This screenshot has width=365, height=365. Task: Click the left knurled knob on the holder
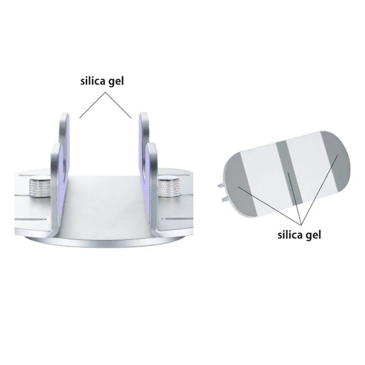[40, 188]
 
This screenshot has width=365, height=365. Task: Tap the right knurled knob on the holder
[169, 187]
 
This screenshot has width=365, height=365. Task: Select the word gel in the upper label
[116, 82]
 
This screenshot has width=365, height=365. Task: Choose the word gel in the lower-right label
[313, 236]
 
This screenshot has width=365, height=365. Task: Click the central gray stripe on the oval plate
[289, 172]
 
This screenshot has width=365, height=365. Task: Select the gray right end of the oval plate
[336, 158]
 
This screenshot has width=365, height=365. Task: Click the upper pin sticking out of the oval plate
[220, 185]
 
